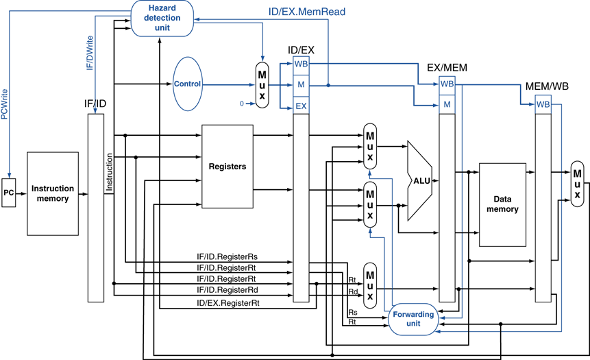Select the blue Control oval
coord(188,84)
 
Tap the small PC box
coord(9,193)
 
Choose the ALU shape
coord(418,180)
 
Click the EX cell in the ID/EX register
coord(302,106)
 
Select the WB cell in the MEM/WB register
coord(543,104)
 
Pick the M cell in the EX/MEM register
coord(447,104)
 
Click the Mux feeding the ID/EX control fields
coord(261,85)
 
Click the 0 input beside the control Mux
coord(241,103)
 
